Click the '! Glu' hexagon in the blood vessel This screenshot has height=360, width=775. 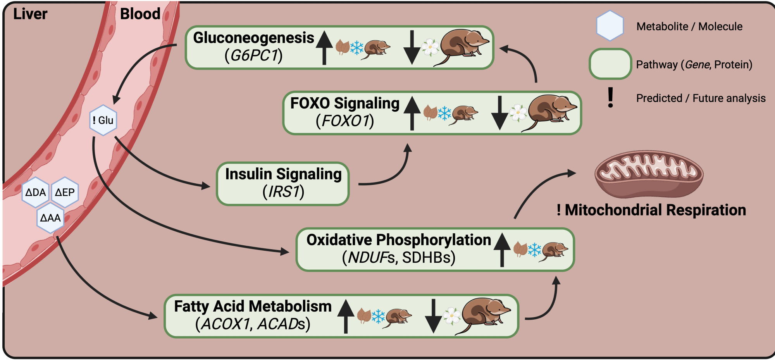pyautogui.click(x=103, y=120)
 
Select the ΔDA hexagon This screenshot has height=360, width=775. pyautogui.click(x=35, y=192)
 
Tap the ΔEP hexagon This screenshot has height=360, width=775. pyautogui.click(x=65, y=192)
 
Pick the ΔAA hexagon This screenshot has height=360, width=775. pyautogui.click(x=50, y=218)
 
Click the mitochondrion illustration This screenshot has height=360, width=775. pyautogui.click(x=649, y=174)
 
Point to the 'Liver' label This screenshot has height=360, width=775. pyautogui.click(x=30, y=14)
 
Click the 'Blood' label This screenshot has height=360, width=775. pyautogui.click(x=140, y=14)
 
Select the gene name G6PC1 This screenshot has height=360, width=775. pyautogui.click(x=254, y=56)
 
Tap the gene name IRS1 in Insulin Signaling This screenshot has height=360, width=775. pyautogui.click(x=284, y=192)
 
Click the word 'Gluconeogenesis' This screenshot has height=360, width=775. pyautogui.click(x=253, y=38)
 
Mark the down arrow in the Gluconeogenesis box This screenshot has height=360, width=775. pyautogui.click(x=412, y=47)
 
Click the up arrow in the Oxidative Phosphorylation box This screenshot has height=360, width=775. pyautogui.click(x=502, y=250)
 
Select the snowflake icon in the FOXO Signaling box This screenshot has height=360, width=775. pyautogui.click(x=444, y=113)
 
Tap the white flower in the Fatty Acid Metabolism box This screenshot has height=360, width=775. pyautogui.click(x=451, y=315)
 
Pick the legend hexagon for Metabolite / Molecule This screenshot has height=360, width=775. pyautogui.click(x=610, y=26)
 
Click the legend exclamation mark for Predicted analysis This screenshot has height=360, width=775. pyautogui.click(x=611, y=98)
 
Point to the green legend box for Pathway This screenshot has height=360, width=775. pyautogui.click(x=610, y=64)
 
